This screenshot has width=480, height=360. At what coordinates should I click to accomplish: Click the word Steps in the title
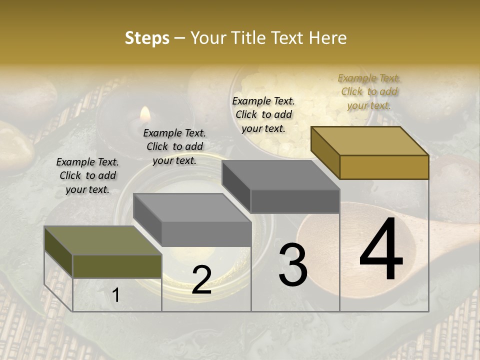pos(147,38)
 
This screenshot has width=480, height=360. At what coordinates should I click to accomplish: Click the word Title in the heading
pos(247,38)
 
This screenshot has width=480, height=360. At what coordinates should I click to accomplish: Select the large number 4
pos(381,250)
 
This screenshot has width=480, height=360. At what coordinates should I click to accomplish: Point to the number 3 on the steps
pos(293,265)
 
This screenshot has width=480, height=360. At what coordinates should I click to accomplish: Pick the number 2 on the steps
pos(201,280)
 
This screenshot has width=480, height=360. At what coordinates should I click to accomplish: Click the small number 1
pos(116,295)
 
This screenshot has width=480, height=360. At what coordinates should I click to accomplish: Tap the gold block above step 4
pos(370,152)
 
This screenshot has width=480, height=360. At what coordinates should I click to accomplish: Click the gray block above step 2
pos(192,220)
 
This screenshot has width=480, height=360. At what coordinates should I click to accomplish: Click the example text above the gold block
pos(369,91)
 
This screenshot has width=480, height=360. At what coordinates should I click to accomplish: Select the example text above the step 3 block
pos(263,114)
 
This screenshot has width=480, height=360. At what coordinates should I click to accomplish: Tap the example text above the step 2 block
pos(174,146)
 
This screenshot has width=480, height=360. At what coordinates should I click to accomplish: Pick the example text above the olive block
pos(87,175)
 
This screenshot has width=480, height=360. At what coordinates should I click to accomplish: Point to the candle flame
pos(145,114)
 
